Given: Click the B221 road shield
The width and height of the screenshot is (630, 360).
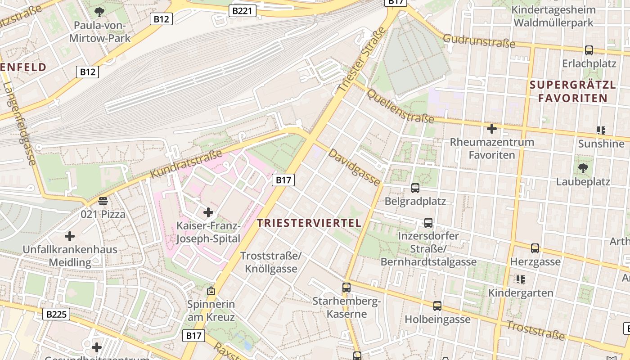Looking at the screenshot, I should [x=243, y=11].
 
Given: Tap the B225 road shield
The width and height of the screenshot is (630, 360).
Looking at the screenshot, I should [x=57, y=314].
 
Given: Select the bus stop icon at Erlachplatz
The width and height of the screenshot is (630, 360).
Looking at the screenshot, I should [x=589, y=50].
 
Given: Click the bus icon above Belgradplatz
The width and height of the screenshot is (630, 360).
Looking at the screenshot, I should [x=415, y=188].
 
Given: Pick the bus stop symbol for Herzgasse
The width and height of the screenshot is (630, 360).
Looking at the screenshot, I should [x=535, y=248].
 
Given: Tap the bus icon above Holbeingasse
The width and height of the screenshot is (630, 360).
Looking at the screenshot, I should [x=437, y=306].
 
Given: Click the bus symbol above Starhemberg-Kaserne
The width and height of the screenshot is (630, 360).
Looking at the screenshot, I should [x=346, y=287].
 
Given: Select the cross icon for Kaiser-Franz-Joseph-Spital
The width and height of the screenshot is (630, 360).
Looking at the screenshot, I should [x=208, y=212].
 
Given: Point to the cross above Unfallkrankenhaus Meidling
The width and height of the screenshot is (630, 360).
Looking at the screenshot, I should [x=70, y=236].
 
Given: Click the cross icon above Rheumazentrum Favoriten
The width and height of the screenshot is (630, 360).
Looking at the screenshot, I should [x=492, y=129].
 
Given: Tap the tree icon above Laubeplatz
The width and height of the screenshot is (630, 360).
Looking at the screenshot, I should [x=583, y=169].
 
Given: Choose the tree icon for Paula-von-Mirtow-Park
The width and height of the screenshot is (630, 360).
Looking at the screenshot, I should [x=99, y=12].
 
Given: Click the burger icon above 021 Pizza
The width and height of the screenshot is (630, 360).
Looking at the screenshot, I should [x=103, y=201].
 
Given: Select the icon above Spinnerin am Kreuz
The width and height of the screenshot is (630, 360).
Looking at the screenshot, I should [x=211, y=291].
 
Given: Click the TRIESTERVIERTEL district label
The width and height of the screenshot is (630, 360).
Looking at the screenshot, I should [x=309, y=223].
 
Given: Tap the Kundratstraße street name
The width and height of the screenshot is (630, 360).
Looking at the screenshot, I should [x=186, y=163].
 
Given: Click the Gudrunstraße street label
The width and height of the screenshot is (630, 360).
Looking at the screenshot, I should [x=479, y=40].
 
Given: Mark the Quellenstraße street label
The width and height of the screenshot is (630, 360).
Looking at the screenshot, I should [x=400, y=106].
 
